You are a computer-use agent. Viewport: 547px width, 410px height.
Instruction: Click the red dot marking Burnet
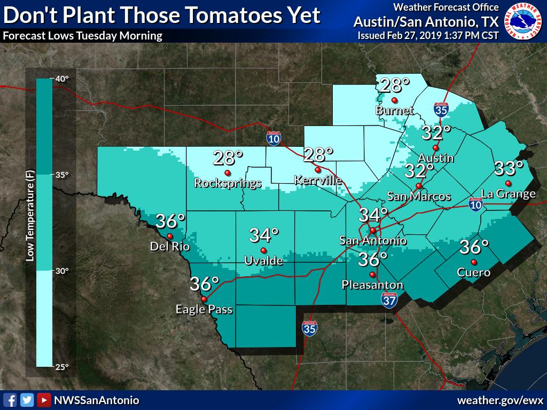coord(394,100)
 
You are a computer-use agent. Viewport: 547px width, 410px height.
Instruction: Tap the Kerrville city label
coord(318,180)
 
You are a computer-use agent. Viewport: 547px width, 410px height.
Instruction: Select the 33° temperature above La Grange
coord(508,168)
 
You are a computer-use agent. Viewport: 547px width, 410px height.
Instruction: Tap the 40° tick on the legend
coord(62,79)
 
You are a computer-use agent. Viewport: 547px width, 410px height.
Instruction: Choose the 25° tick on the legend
coord(62,367)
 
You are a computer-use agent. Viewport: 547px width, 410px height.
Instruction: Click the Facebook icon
coord(9,400)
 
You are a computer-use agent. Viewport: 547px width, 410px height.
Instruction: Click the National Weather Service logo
coord(525,21)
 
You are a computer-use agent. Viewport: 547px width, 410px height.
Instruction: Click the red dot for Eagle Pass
coord(204,299)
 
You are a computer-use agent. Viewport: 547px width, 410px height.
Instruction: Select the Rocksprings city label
coord(228,183)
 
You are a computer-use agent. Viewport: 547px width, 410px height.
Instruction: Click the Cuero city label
coord(473,272)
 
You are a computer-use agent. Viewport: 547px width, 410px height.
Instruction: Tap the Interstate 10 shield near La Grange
coord(475,203)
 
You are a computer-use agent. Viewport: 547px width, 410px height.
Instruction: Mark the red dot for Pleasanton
coord(372,274)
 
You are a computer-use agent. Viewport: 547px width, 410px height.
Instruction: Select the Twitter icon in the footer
coord(27,400)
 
